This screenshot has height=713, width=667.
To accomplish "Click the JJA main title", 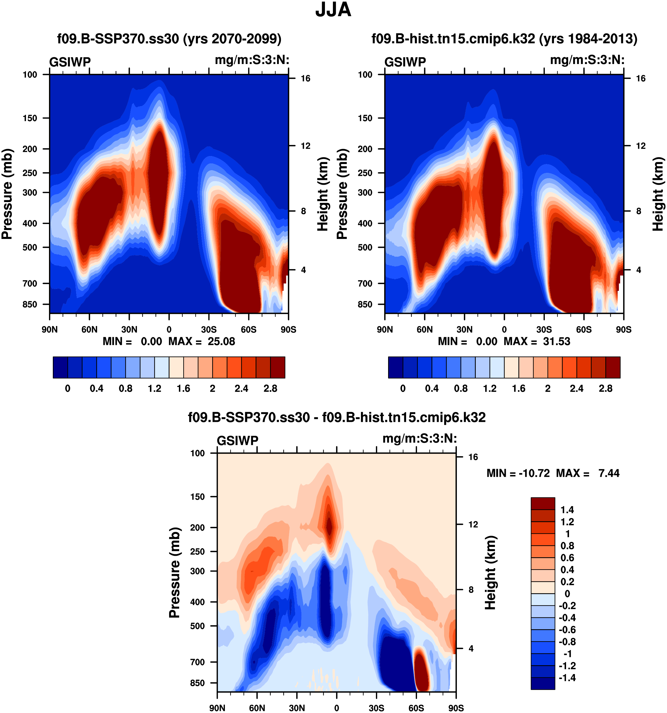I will tap(333, 10).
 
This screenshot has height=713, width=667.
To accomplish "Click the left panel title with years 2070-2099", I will tap(169, 38).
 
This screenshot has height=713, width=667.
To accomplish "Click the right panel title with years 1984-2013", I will tap(504, 38).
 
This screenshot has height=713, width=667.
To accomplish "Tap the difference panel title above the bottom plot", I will tap(336, 417).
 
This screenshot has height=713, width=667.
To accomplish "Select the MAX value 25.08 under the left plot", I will tap(221, 341).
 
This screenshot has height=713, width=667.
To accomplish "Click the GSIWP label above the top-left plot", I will tap(70, 62).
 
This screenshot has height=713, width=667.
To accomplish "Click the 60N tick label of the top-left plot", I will tap(89, 329).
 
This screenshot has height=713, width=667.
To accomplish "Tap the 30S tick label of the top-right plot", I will tap(544, 329).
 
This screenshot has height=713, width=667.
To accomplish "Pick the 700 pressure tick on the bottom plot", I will tap(197, 662).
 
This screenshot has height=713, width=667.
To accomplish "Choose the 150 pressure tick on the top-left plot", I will tap(30, 118).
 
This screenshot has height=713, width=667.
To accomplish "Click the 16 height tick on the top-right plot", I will tap(640, 78).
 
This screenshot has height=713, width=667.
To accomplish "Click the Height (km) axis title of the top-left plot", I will tap(323, 194).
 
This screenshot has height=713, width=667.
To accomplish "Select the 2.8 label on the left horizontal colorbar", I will tap(270, 389).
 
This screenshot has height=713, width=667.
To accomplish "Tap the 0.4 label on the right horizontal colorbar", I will tap(431, 389).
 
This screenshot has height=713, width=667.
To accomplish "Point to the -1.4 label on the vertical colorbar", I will tap(567, 678).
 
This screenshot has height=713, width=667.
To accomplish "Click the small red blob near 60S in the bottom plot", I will tap(421, 667).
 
